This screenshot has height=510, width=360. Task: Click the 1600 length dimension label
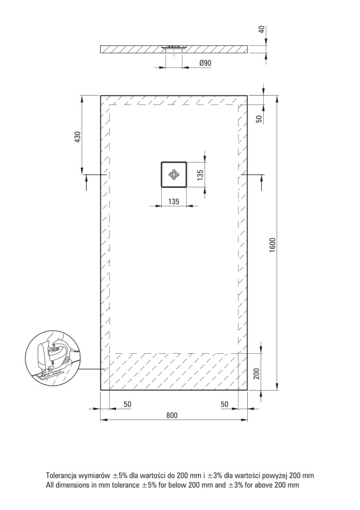(x=273, y=245)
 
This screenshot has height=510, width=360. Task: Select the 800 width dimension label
(x=172, y=416)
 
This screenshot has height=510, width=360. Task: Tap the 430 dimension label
(x=77, y=137)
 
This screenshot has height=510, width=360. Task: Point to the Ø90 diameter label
(x=205, y=62)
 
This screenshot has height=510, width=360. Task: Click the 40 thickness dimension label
(x=262, y=29)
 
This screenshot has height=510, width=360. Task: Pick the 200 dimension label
(x=256, y=374)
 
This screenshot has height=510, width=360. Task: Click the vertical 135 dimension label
(x=200, y=175)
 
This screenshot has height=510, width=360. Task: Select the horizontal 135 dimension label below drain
(x=174, y=201)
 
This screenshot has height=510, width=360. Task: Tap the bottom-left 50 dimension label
(x=127, y=404)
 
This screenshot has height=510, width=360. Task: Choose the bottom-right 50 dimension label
(x=224, y=404)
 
